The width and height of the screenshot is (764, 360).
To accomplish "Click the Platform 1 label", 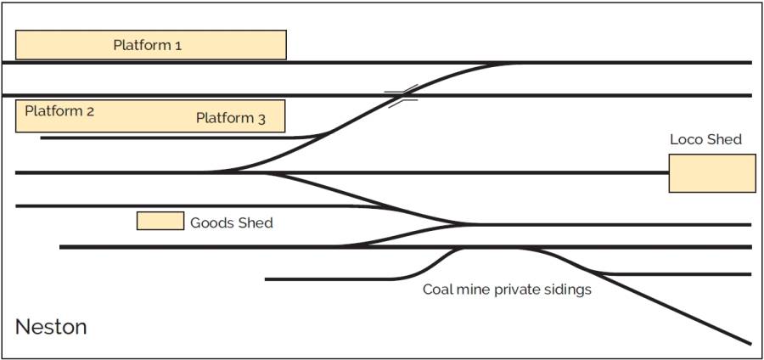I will [x=147, y=45].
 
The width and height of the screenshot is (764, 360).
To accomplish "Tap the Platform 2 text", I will [x=59, y=110].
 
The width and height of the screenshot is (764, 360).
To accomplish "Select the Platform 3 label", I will [x=230, y=118].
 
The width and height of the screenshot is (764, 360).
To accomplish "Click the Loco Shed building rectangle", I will [x=711, y=173].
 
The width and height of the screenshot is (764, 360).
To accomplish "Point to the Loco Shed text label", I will [x=705, y=139].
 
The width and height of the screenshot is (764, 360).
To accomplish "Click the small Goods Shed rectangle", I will [x=160, y=221].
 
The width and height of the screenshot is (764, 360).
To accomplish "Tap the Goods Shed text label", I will [x=231, y=222].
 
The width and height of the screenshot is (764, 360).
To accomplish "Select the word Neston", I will [x=51, y=327].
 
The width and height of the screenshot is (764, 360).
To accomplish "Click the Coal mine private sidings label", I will [x=507, y=290].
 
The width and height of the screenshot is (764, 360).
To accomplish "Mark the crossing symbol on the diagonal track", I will [x=401, y=95].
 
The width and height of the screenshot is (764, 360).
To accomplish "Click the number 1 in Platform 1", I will [x=177, y=45].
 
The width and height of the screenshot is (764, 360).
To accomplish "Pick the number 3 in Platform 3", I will [x=261, y=119].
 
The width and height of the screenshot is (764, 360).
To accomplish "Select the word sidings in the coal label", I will [x=568, y=290].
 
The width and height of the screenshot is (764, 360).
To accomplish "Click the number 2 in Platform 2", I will [x=90, y=110].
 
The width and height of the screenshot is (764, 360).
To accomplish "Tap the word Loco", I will [x=686, y=139].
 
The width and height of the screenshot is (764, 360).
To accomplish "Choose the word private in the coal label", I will [x=519, y=290].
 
